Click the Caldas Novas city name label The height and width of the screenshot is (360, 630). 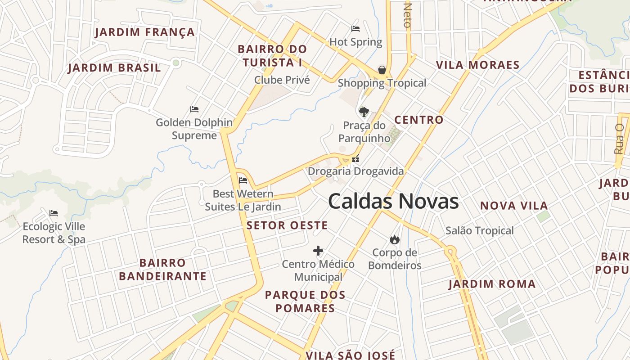[393, 201]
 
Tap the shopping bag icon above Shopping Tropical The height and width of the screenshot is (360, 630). [382, 70]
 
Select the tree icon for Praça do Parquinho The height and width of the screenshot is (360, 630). [364, 112]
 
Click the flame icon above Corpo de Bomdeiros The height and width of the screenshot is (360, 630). [395, 239]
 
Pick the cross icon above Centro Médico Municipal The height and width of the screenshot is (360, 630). [318, 251]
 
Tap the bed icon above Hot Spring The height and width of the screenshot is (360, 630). [355, 29]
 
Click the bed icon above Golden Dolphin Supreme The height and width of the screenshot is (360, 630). [194, 109]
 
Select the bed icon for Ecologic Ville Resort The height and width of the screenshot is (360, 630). [54, 213]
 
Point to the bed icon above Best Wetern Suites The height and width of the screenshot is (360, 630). [243, 180]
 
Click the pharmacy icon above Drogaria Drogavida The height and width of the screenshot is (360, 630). [355, 158]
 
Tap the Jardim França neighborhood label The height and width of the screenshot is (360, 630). [145, 32]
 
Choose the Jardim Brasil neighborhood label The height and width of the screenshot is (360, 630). [114, 68]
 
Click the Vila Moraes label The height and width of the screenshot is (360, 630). [477, 65]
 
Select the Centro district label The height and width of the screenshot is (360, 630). [419, 120]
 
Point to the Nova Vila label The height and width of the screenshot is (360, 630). [514, 206]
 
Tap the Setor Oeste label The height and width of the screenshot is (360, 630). [287, 225]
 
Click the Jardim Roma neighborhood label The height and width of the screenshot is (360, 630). [492, 284]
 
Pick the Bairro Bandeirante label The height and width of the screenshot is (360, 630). [162, 269]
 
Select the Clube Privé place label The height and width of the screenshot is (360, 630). [282, 80]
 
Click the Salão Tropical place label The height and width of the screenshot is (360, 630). [479, 230]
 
